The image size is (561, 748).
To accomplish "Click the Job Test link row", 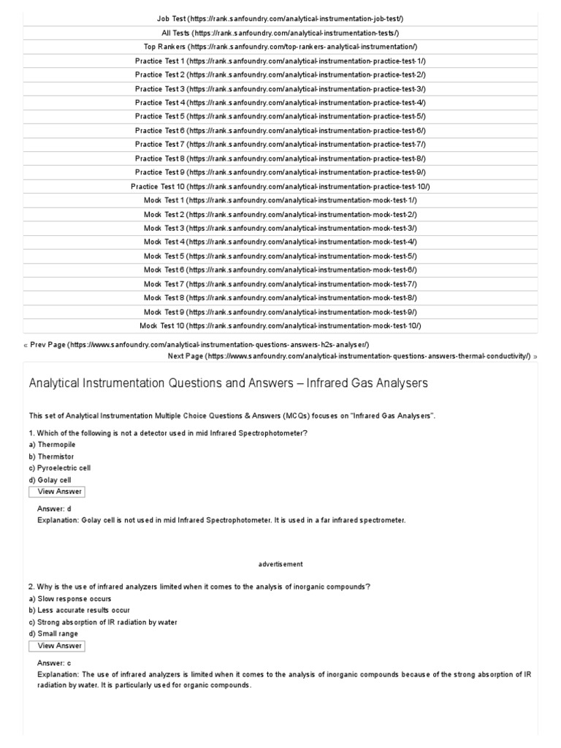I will click(x=280, y=18).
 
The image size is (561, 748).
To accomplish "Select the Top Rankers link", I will click(x=280, y=47).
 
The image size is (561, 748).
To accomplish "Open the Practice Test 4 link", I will click(x=280, y=102).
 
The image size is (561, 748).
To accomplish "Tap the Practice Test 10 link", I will click(x=280, y=186).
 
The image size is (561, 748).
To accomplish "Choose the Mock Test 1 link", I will click(x=280, y=200).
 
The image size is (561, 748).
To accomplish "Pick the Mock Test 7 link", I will click(x=280, y=283).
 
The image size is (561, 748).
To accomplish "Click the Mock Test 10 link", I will click(x=280, y=326).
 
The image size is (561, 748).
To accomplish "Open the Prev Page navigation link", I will click(x=196, y=344).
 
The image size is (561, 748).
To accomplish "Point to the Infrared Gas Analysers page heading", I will click(x=228, y=383).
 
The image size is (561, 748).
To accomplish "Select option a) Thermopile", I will click(x=52, y=444).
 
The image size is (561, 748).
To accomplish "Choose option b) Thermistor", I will click(x=51, y=456).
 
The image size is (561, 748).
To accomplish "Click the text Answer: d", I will click(x=53, y=508).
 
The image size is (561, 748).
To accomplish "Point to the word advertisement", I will click(x=280, y=564).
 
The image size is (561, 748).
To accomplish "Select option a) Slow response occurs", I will click(x=70, y=598).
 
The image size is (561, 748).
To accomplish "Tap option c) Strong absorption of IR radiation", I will click(x=103, y=622).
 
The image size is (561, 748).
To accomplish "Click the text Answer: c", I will click(x=53, y=663).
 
